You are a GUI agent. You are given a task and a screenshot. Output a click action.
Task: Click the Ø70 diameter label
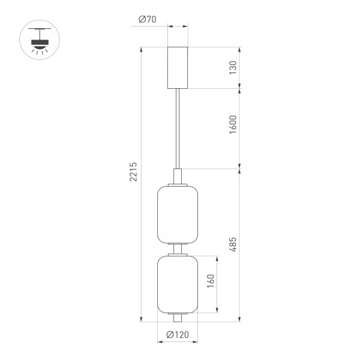[147, 19]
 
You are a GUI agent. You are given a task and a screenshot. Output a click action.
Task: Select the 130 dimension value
[233, 67]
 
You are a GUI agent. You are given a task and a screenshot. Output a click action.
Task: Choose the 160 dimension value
[211, 283]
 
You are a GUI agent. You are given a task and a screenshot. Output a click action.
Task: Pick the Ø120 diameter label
[178, 334]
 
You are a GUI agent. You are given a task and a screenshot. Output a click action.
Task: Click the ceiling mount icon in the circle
[41, 41]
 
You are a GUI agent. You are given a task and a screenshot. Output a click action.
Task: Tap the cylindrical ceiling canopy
[178, 67]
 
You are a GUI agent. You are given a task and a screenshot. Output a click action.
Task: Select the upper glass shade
[178, 215]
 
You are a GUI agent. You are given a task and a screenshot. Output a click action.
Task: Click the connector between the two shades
[178, 250]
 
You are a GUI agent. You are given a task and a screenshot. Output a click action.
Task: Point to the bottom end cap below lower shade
[178, 317]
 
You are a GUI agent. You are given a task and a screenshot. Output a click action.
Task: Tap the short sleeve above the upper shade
[178, 176]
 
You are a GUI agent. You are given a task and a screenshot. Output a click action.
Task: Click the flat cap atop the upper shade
[178, 185]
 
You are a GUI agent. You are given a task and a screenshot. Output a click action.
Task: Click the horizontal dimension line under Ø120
[178, 343]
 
